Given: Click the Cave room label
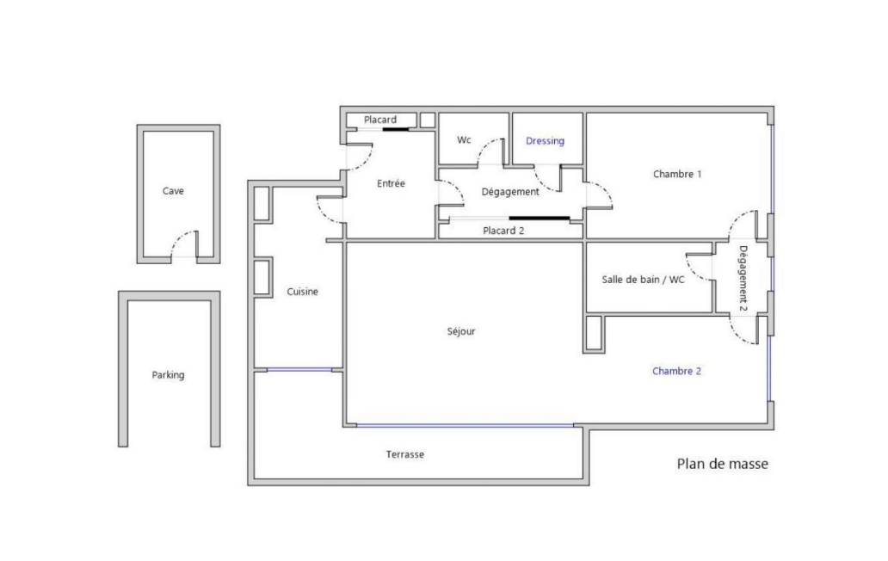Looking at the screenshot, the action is click(x=173, y=191).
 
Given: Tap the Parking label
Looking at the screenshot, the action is click(x=168, y=375).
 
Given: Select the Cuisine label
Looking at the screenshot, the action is click(x=302, y=292).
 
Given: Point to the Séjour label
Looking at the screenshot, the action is click(x=461, y=332).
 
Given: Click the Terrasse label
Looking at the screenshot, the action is click(x=405, y=454).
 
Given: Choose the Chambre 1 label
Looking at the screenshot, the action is click(x=677, y=175).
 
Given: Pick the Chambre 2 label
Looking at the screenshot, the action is click(x=677, y=372).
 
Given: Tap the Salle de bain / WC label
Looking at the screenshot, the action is click(x=643, y=280).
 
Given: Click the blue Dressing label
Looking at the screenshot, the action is click(x=545, y=141).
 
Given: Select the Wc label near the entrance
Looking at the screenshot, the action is click(x=464, y=140).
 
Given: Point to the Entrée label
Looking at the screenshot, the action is click(x=391, y=183).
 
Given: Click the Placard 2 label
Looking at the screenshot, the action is click(x=503, y=231).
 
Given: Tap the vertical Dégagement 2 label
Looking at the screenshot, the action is click(x=743, y=279).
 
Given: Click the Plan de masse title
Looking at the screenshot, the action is click(x=723, y=464).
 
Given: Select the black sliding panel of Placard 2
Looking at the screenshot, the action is click(x=540, y=218).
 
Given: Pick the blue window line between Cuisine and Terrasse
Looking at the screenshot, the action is click(x=299, y=370).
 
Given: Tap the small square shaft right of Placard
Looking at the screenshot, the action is click(x=428, y=120).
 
